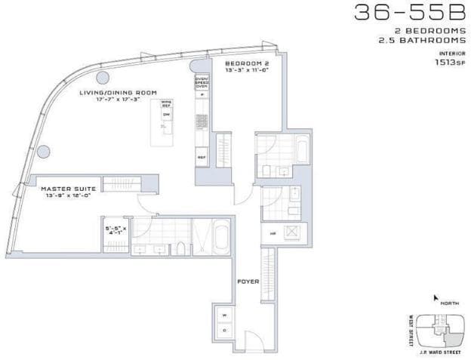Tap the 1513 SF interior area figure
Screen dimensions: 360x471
click(451, 63)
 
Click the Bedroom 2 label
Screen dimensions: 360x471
click(247, 65)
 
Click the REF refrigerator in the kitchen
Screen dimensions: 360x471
click(202, 157)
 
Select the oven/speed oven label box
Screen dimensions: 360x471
click(202, 83)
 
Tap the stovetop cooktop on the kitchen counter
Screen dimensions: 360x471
click(202, 120)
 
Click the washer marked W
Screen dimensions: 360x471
click(224, 314)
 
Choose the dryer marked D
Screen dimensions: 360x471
click(224, 331)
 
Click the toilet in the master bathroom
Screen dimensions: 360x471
click(180, 248)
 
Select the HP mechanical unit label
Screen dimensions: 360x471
click(272, 234)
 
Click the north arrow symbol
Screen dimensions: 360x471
click(436, 299)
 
